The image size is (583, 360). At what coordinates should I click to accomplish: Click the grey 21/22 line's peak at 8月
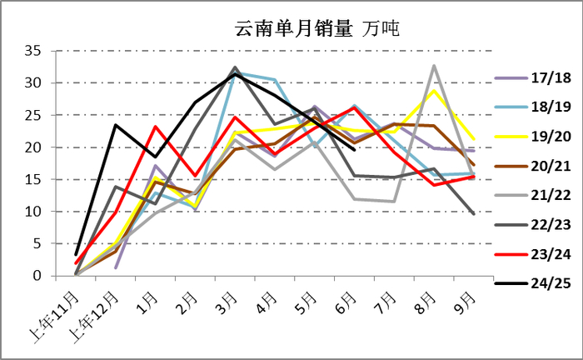[434, 66]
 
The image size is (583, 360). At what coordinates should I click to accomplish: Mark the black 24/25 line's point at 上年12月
[116, 125]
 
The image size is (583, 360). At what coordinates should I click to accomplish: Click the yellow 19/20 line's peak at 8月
[434, 91]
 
